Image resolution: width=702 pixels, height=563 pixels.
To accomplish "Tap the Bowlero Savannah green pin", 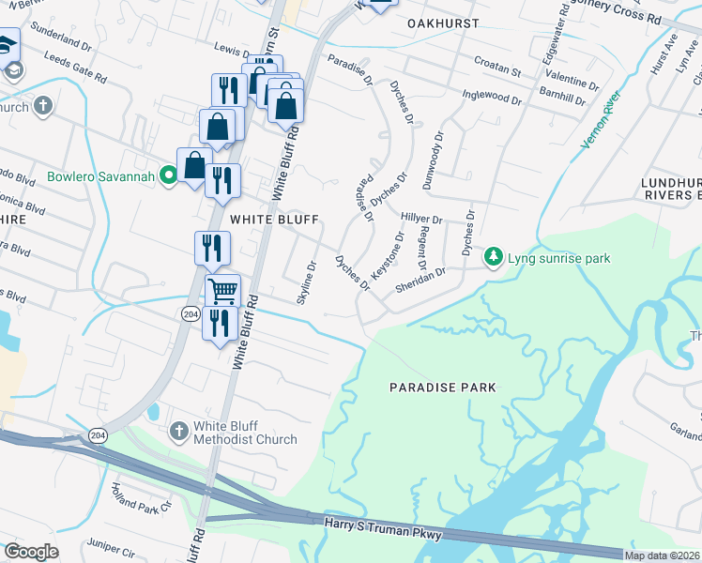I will (x=169, y=175).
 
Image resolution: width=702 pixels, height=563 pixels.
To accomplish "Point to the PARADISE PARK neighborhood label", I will (x=442, y=387).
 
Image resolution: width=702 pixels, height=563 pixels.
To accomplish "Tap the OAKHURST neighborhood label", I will (x=443, y=23).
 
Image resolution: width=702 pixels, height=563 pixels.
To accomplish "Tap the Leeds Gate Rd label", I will (x=62, y=73).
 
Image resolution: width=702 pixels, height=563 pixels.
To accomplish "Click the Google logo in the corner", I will (x=31, y=551).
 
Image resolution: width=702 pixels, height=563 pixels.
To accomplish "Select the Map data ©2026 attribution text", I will (x=662, y=555).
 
